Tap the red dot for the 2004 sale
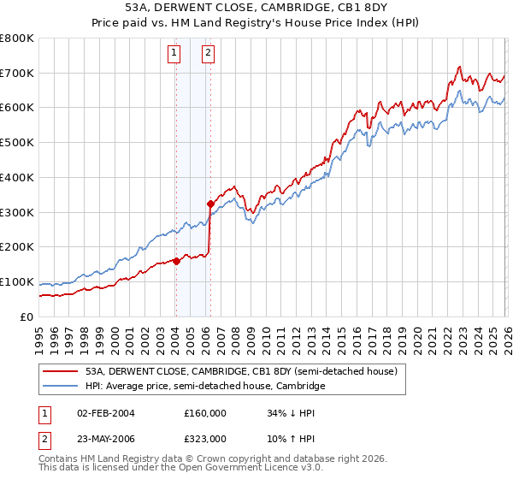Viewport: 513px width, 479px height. click(x=176, y=261)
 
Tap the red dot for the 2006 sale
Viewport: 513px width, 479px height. click(x=210, y=204)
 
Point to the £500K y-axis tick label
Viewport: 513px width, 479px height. click(x=17, y=143)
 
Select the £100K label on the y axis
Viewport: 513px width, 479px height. click(x=17, y=281)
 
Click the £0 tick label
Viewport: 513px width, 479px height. click(x=26, y=316)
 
